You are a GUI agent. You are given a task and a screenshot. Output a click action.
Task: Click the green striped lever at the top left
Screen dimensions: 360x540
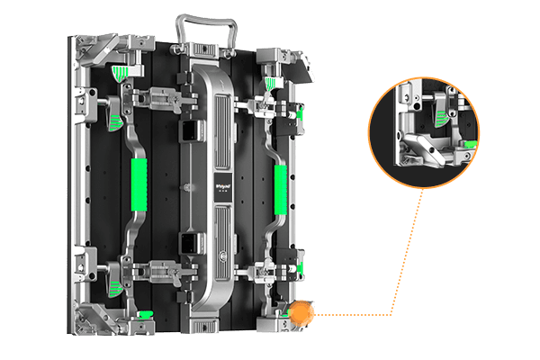point(114,116)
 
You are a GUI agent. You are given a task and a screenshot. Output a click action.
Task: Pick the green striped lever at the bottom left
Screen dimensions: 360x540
point(114,285)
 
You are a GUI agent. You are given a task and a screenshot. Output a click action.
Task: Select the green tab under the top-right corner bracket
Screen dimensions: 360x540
point(269,84)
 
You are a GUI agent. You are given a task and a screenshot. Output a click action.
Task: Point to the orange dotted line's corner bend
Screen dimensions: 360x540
point(392,314)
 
